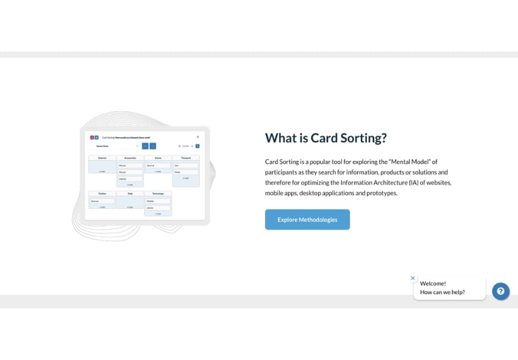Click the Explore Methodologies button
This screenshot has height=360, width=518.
307,219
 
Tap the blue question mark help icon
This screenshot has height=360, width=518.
500,291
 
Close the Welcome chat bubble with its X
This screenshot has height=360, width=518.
413,278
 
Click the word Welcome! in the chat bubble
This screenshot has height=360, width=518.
433,283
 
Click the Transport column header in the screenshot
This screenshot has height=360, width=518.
186,158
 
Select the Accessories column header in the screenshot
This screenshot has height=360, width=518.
130,158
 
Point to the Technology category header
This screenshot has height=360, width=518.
158,193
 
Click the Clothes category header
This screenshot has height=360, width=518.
102,193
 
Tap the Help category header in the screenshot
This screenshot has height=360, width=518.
130,193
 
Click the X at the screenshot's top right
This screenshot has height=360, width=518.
197,136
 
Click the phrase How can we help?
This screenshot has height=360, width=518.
442,292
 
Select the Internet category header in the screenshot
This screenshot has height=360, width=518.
102,158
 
